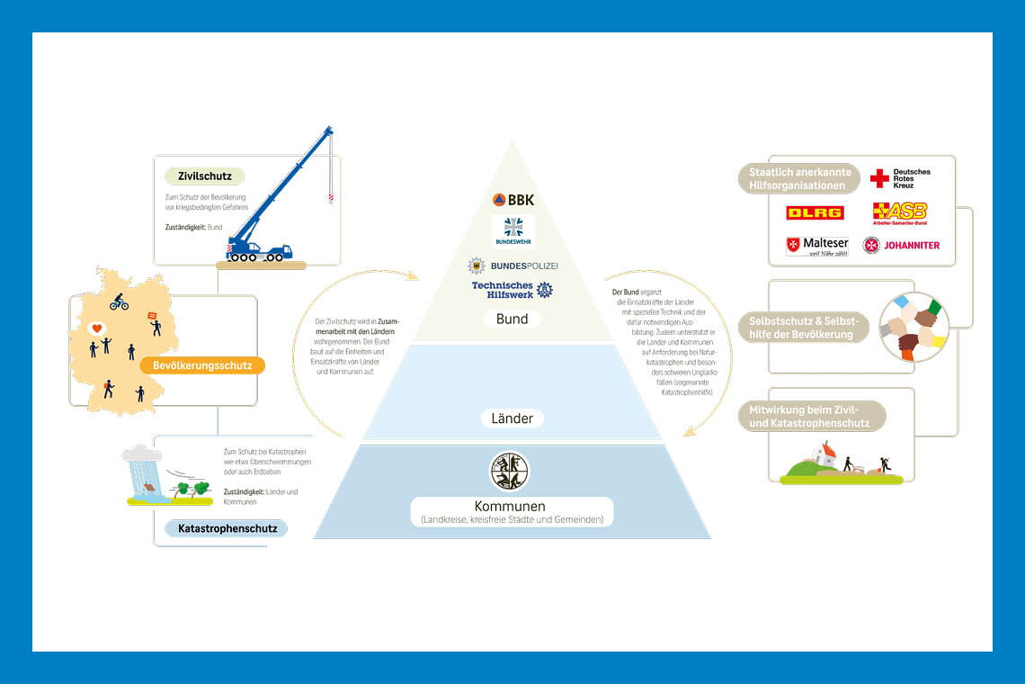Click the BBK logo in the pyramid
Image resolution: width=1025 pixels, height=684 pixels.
click(x=512, y=200)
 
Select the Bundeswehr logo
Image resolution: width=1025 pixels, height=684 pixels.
click(x=512, y=230)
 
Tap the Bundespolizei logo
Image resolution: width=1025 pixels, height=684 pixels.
click(x=512, y=265)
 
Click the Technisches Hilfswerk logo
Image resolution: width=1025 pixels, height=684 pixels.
click(x=512, y=289)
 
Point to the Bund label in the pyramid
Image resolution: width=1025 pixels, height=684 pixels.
click(x=512, y=319)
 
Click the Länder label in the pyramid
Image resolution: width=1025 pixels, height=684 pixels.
click(x=512, y=418)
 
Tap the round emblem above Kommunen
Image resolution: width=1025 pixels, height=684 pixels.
click(x=509, y=471)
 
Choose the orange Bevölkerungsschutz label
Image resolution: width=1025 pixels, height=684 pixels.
click(x=203, y=365)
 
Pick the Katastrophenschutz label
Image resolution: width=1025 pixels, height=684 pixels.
click(x=227, y=528)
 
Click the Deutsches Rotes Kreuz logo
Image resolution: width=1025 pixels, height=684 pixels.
click(x=900, y=178)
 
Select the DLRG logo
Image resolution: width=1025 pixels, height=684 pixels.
click(x=815, y=212)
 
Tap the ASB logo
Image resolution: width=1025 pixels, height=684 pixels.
click(x=900, y=213)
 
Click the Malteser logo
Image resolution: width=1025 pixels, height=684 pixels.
click(x=816, y=246)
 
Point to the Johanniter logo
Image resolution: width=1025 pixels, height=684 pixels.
click(x=901, y=245)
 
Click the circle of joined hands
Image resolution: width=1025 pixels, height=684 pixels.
click(x=914, y=326)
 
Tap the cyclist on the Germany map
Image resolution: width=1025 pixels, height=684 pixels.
click(x=119, y=302)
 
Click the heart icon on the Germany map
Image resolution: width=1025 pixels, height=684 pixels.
click(x=97, y=328)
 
